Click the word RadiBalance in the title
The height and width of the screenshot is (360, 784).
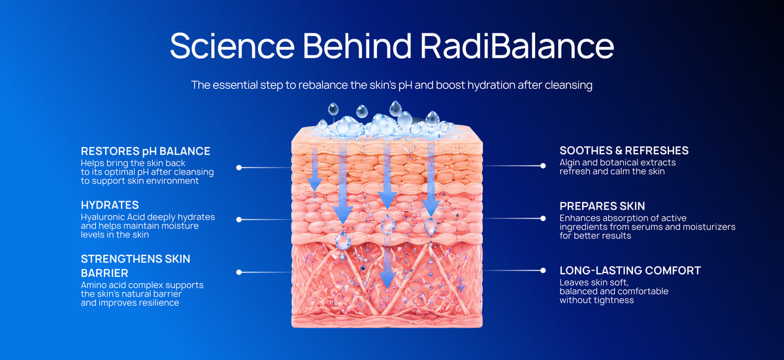[x=517, y=46]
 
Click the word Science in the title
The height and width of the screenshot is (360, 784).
[x=233, y=46]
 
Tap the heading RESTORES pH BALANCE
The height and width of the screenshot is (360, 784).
[x=145, y=151]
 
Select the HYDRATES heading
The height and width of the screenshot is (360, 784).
[x=110, y=205]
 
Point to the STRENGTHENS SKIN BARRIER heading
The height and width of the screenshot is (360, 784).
[x=135, y=266]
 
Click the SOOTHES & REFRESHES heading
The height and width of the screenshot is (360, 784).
[x=624, y=150]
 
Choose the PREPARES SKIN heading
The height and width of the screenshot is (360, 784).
[x=602, y=206]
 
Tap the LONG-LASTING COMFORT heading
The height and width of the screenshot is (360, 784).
[x=630, y=270]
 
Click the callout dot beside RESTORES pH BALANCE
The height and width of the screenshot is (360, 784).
[x=239, y=167]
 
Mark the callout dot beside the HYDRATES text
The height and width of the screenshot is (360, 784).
[x=239, y=220]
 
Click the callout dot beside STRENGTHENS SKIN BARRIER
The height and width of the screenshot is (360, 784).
[x=239, y=272]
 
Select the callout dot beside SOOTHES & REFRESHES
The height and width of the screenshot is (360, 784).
[x=543, y=166]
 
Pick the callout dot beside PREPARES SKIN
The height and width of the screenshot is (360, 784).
[x=543, y=218]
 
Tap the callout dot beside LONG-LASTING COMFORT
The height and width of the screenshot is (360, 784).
[x=543, y=270]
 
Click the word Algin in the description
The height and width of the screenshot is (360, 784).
[x=570, y=163]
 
